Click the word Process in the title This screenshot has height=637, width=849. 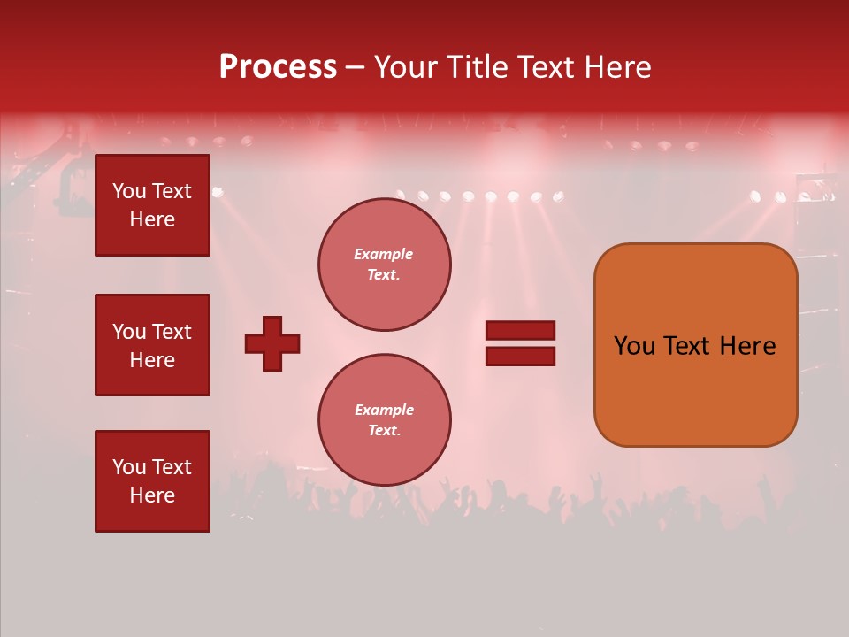tap(278, 67)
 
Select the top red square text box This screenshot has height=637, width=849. tap(152, 205)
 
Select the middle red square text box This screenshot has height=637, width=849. tap(152, 345)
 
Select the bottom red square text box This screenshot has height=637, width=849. tap(152, 481)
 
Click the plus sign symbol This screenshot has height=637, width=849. tap(272, 344)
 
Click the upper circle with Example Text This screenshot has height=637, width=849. tap(384, 265)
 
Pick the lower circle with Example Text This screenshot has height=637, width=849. tap(384, 420)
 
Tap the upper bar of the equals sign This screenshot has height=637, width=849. tap(521, 331)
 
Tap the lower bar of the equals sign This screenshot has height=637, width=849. tap(521, 357)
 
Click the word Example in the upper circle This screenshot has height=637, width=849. tap(384, 255)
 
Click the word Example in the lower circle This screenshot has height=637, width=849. tap(384, 411)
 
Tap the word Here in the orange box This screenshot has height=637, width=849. tap(748, 346)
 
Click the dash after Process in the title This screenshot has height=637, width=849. tap(355, 68)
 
